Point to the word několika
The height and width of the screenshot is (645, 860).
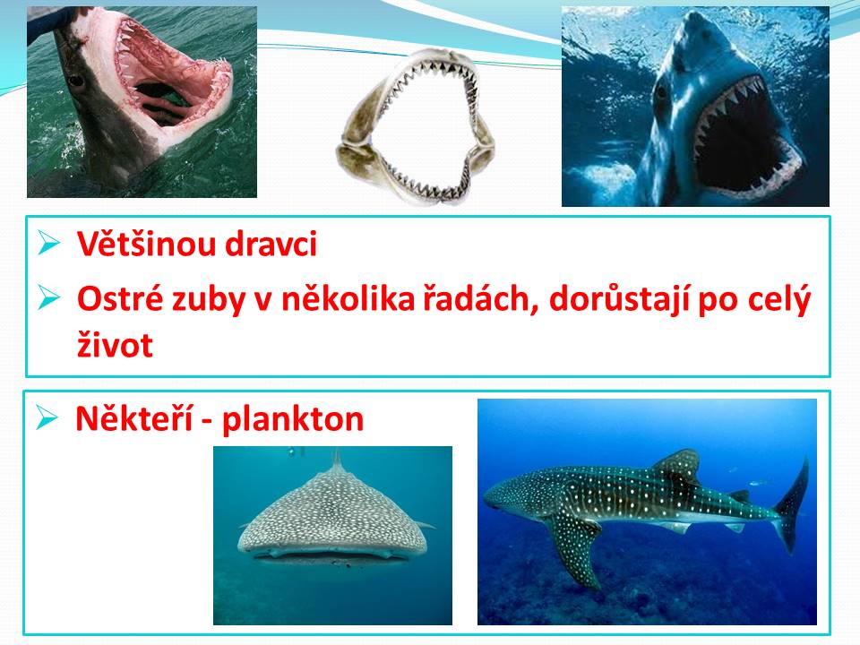click(x=348, y=298)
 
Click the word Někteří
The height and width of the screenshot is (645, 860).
click(x=133, y=418)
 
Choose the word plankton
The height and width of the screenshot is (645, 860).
click(x=293, y=420)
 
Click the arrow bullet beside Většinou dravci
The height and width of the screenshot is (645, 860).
click(x=48, y=243)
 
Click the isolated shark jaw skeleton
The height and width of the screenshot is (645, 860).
click(x=415, y=125)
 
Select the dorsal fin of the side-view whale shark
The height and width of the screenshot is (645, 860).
click(x=678, y=464)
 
